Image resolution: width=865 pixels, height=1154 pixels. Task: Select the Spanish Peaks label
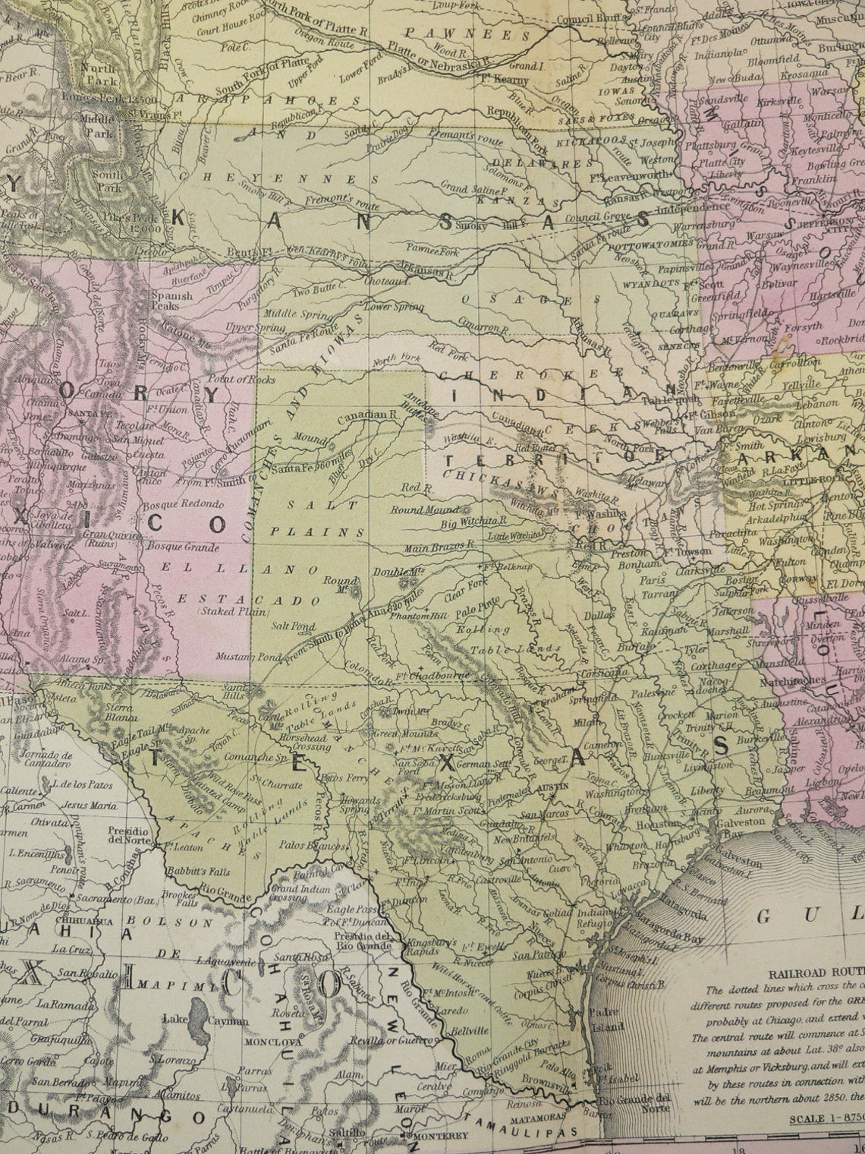click(x=166, y=301)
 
